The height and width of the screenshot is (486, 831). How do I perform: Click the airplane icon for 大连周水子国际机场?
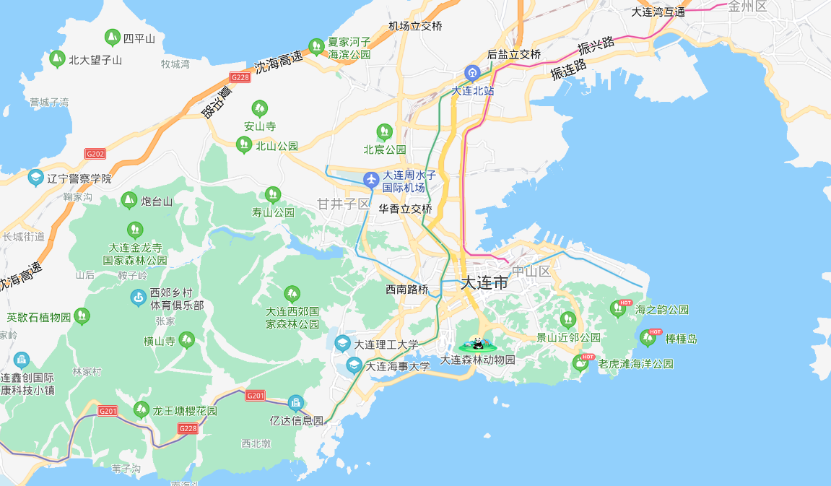(x=371, y=178)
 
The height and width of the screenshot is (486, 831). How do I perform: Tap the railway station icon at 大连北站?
(x=472, y=73)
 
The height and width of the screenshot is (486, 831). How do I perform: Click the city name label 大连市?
(x=484, y=283)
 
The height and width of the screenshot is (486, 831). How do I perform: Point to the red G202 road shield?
(x=95, y=154)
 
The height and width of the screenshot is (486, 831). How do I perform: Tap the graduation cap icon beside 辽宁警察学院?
(x=35, y=178)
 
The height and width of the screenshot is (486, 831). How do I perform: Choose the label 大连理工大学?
(x=386, y=344)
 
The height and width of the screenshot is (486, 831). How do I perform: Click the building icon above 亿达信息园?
(x=295, y=403)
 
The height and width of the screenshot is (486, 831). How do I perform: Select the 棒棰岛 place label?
(x=681, y=339)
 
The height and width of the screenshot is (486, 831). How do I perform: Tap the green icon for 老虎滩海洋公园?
(x=580, y=363)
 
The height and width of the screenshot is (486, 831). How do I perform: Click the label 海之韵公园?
(x=661, y=310)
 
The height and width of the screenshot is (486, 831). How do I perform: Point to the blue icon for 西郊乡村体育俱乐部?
(x=138, y=297)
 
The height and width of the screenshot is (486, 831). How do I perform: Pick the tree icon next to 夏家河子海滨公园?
(x=316, y=47)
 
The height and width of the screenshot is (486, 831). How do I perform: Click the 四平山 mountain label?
(x=139, y=38)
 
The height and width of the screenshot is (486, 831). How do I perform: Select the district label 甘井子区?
(x=343, y=204)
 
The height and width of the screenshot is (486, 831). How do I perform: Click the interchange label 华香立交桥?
(x=405, y=209)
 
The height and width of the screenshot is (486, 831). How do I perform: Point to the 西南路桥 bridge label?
(x=406, y=289)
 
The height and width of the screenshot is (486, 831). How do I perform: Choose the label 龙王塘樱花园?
(x=184, y=411)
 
